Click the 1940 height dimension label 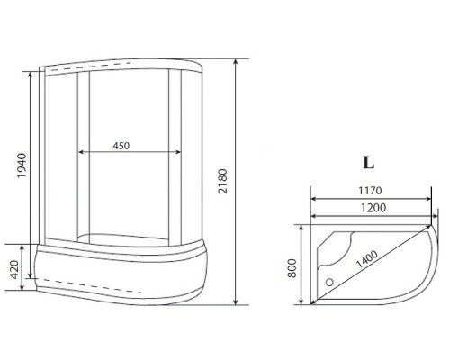[x=22, y=166]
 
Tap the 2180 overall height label [x=223, y=181]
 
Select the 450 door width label [x=121, y=146]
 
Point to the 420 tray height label [x=14, y=269]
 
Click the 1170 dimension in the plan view [x=370, y=191]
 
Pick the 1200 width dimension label [x=373, y=208]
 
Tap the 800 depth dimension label [x=292, y=268]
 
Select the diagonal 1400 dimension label [x=366, y=259]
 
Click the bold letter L [x=369, y=163]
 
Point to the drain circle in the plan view [x=329, y=282]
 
